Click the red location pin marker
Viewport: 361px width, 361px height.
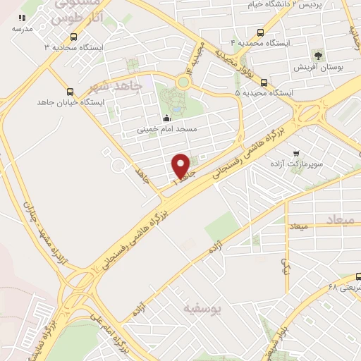181,166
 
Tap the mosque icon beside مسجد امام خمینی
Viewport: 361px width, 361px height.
166,118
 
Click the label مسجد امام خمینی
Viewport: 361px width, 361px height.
166,130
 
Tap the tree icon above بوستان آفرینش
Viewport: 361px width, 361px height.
318,54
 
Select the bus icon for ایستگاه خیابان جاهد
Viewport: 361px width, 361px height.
69,91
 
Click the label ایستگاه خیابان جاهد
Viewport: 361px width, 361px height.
70,102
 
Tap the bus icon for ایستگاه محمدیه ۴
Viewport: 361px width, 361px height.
262,32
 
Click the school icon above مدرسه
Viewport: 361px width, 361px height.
22,18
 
